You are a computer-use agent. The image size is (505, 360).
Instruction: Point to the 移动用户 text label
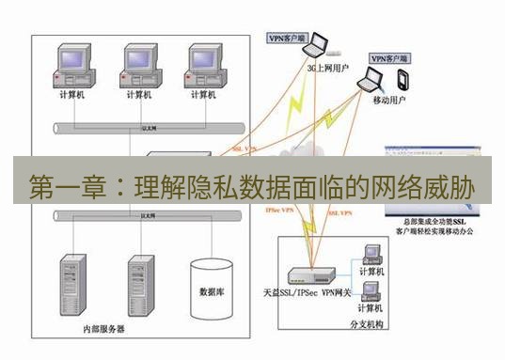389,99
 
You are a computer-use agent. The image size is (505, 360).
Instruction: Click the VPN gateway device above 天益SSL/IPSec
310,275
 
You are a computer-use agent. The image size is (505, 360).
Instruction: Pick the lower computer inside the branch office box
371,292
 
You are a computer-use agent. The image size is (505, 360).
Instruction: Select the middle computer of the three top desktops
138,64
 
